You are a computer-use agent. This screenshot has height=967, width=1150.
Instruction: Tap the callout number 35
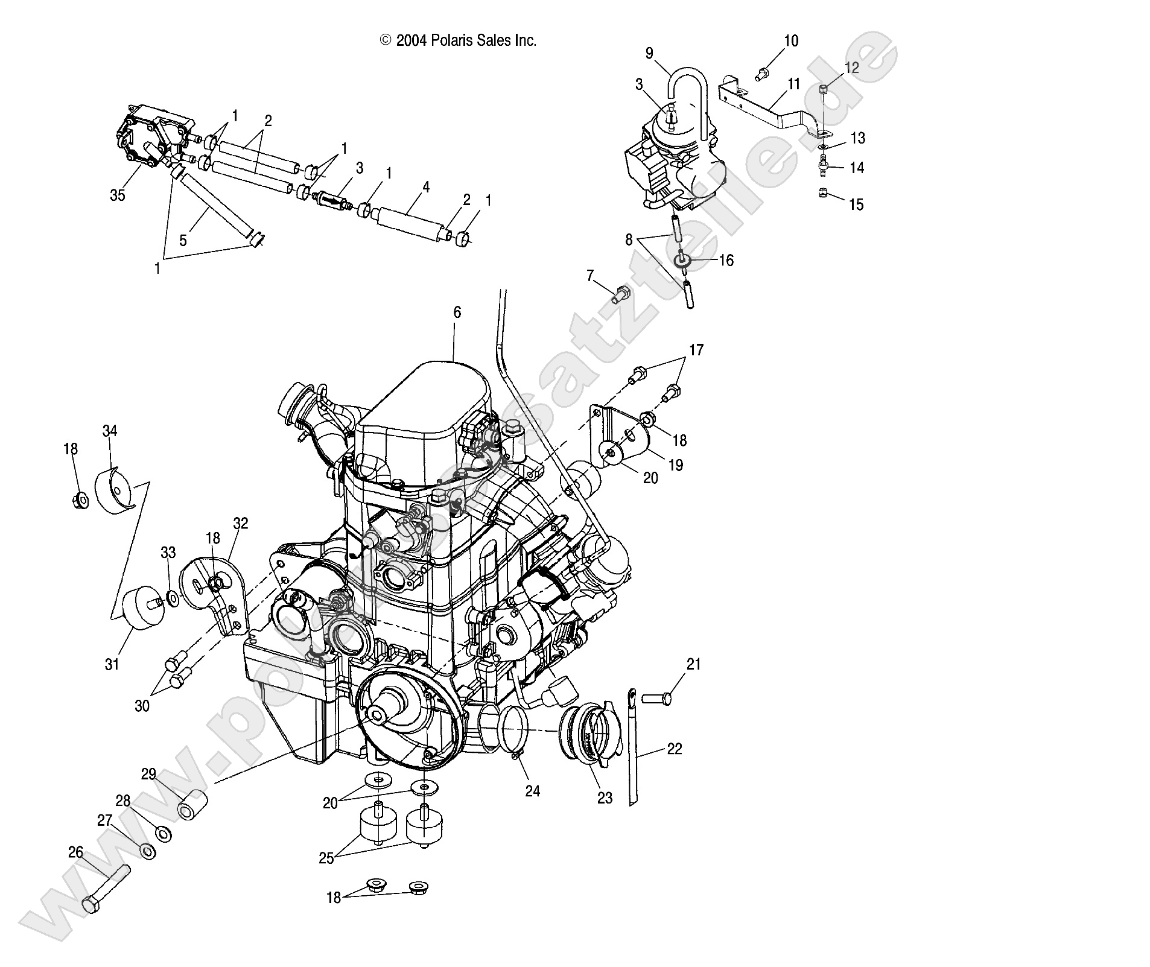pos(118,195)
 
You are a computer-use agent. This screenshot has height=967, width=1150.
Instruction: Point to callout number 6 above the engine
pos(457,312)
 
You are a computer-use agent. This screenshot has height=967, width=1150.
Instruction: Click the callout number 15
pos(856,204)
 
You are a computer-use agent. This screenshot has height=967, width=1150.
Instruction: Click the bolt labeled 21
pos(657,698)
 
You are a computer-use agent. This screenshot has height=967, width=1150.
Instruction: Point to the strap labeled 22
pos(634,748)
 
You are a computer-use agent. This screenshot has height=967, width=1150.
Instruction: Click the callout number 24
pos(532,791)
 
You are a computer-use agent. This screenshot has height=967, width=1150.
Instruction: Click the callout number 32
pos(240,523)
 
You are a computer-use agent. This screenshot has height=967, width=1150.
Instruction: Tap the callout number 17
pos(696,350)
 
